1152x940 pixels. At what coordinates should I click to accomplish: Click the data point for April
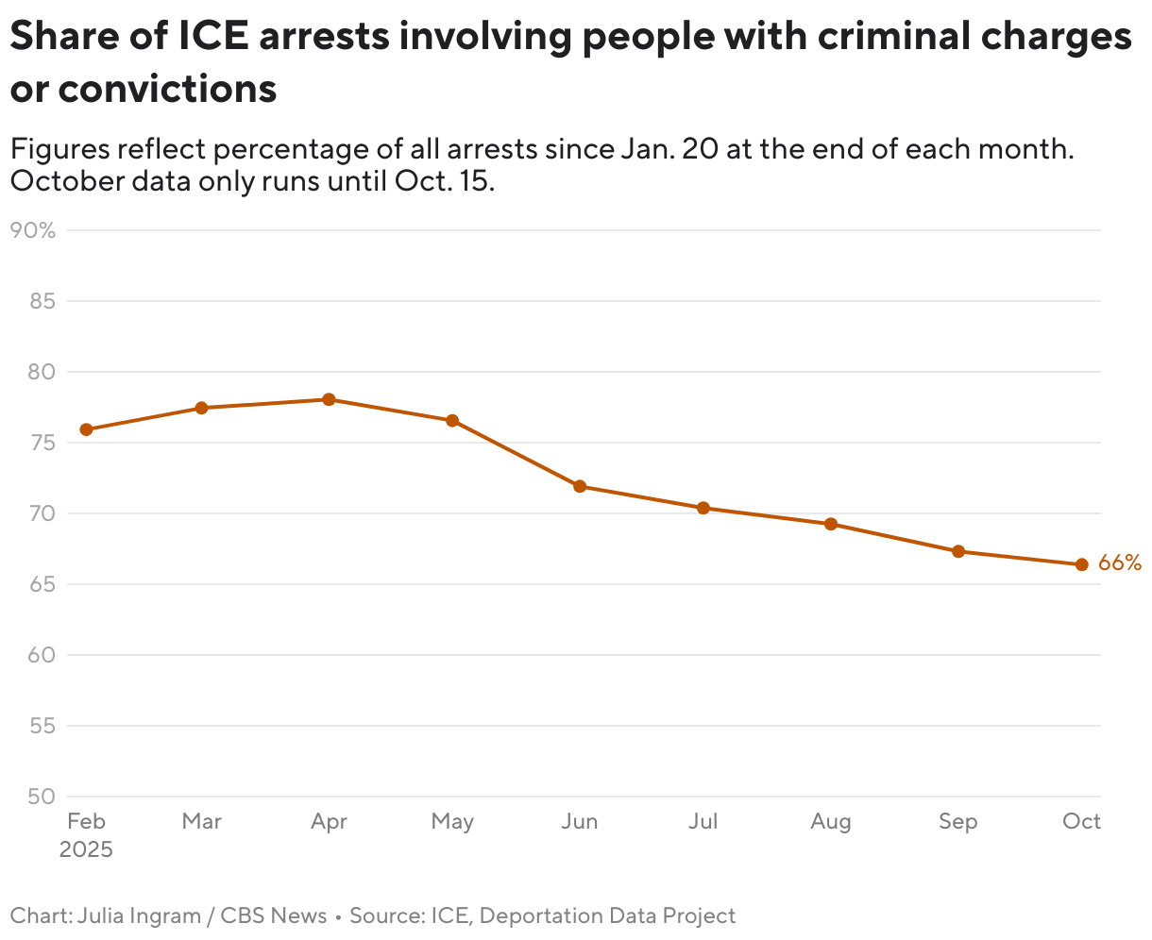329,399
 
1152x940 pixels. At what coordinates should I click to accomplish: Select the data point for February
86,429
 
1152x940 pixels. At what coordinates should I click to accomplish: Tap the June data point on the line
580,486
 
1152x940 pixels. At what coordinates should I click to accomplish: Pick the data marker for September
958,551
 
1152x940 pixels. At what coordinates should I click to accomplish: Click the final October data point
1082,564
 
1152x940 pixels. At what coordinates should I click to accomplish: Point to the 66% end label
1120,563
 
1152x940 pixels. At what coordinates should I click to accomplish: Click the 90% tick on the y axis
32,230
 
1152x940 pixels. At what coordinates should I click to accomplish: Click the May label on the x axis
452,822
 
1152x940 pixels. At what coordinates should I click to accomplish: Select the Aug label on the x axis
831,822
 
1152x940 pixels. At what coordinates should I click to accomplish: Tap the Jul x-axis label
703,822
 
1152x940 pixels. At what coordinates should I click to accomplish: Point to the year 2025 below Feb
86,849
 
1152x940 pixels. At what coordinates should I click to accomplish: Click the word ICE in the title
214,36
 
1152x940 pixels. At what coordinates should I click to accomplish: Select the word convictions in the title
167,89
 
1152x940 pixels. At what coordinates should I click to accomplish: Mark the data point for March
201,408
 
